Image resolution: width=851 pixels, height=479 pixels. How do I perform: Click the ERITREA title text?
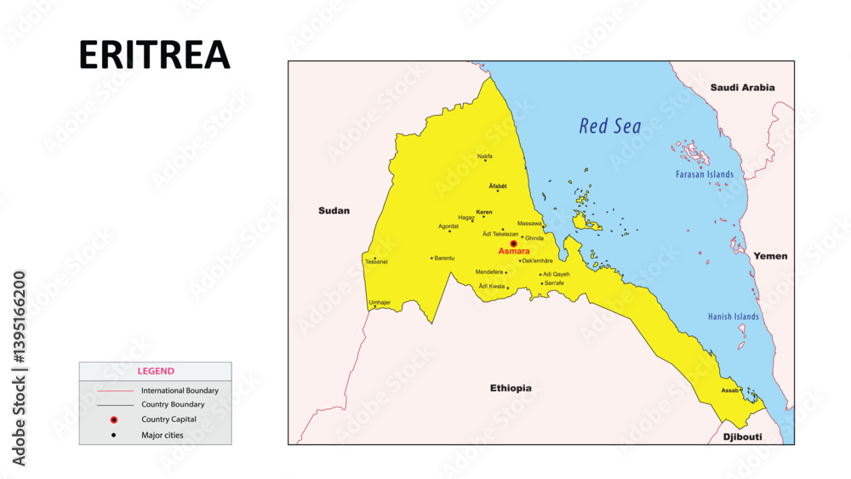[x=154, y=55]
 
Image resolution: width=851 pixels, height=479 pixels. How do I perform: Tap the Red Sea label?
[x=610, y=127]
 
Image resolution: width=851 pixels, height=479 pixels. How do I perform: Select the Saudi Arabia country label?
[x=743, y=88]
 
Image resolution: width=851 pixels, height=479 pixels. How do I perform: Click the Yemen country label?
[x=770, y=256]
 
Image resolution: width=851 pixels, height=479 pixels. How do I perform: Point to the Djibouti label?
[x=741, y=437]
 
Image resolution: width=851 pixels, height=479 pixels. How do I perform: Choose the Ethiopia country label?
[x=511, y=388]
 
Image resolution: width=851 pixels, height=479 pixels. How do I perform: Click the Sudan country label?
[x=334, y=211]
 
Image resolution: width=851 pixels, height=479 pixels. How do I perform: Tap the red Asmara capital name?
[x=514, y=252]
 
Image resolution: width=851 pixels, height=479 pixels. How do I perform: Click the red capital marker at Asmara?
[x=513, y=243]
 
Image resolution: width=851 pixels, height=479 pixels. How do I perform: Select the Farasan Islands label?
[x=704, y=174]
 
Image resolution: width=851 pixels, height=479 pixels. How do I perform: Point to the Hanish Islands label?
[x=733, y=316]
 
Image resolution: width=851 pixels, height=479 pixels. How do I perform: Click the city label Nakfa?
[x=484, y=156]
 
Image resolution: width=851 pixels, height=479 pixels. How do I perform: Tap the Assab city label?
[x=729, y=391]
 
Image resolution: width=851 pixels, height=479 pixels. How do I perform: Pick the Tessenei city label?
[x=376, y=262]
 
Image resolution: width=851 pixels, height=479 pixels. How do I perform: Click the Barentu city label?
[x=444, y=258]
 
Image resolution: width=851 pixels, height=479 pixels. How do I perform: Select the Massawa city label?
[x=529, y=223]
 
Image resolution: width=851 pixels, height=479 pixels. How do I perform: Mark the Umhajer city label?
[x=380, y=302]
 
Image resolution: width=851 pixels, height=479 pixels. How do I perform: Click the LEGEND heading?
[x=156, y=371]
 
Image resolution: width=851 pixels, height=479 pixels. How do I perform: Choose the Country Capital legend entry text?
[x=168, y=419]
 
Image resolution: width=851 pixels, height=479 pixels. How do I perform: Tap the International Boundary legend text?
[x=180, y=391]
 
